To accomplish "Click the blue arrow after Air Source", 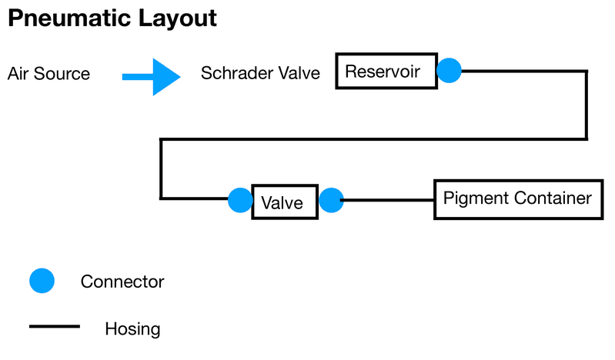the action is coord(152,77).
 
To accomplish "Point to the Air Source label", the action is coord(48,74).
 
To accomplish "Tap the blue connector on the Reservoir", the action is coord(449,71).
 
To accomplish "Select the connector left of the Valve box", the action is coord(240,200).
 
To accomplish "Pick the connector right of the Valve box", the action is coord(332,200).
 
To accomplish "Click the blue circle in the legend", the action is coord(42,281).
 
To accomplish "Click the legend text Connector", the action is coord(122,282).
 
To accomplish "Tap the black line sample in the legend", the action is coord(55,326).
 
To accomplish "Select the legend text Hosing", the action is coord(132,329).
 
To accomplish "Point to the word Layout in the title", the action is coord(177,18).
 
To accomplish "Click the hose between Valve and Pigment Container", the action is coord(388,200).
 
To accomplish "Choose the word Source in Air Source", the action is coord(62,74).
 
